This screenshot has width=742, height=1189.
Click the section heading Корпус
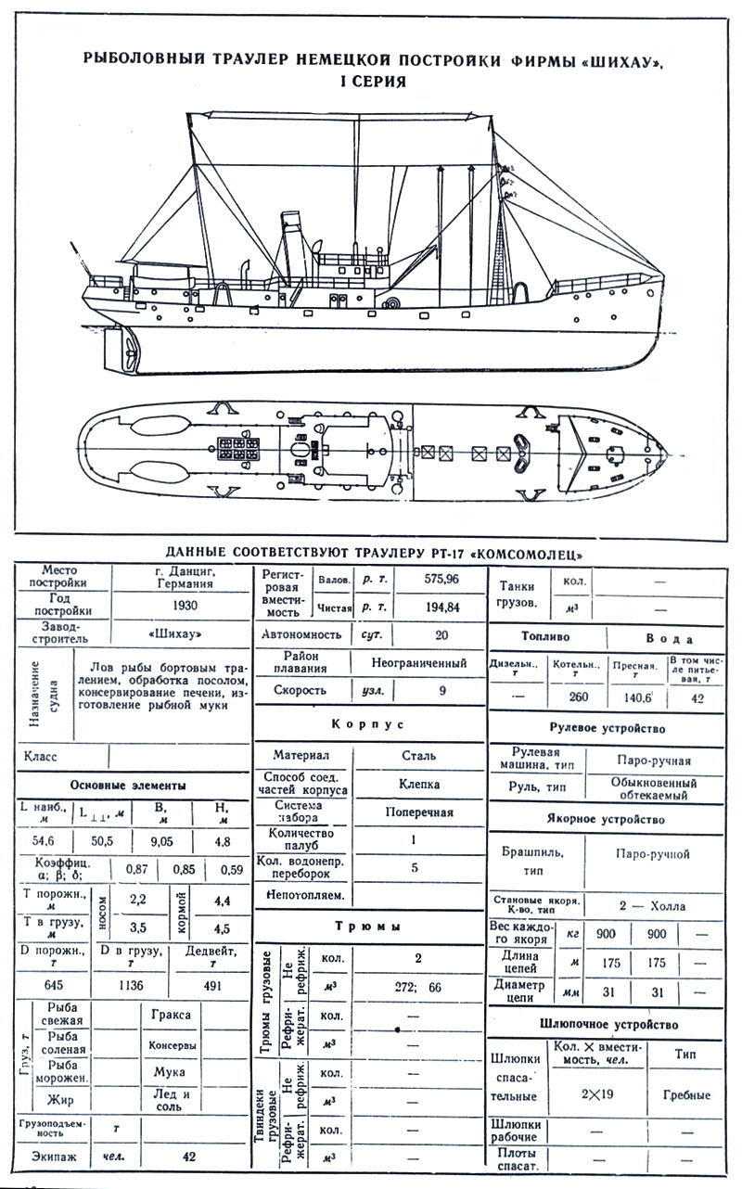coord(369,723)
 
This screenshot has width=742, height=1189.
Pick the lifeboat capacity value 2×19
coord(597,1093)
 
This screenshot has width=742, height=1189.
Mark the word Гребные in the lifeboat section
coord(687,1094)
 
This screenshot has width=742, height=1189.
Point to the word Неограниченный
coord(419,663)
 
